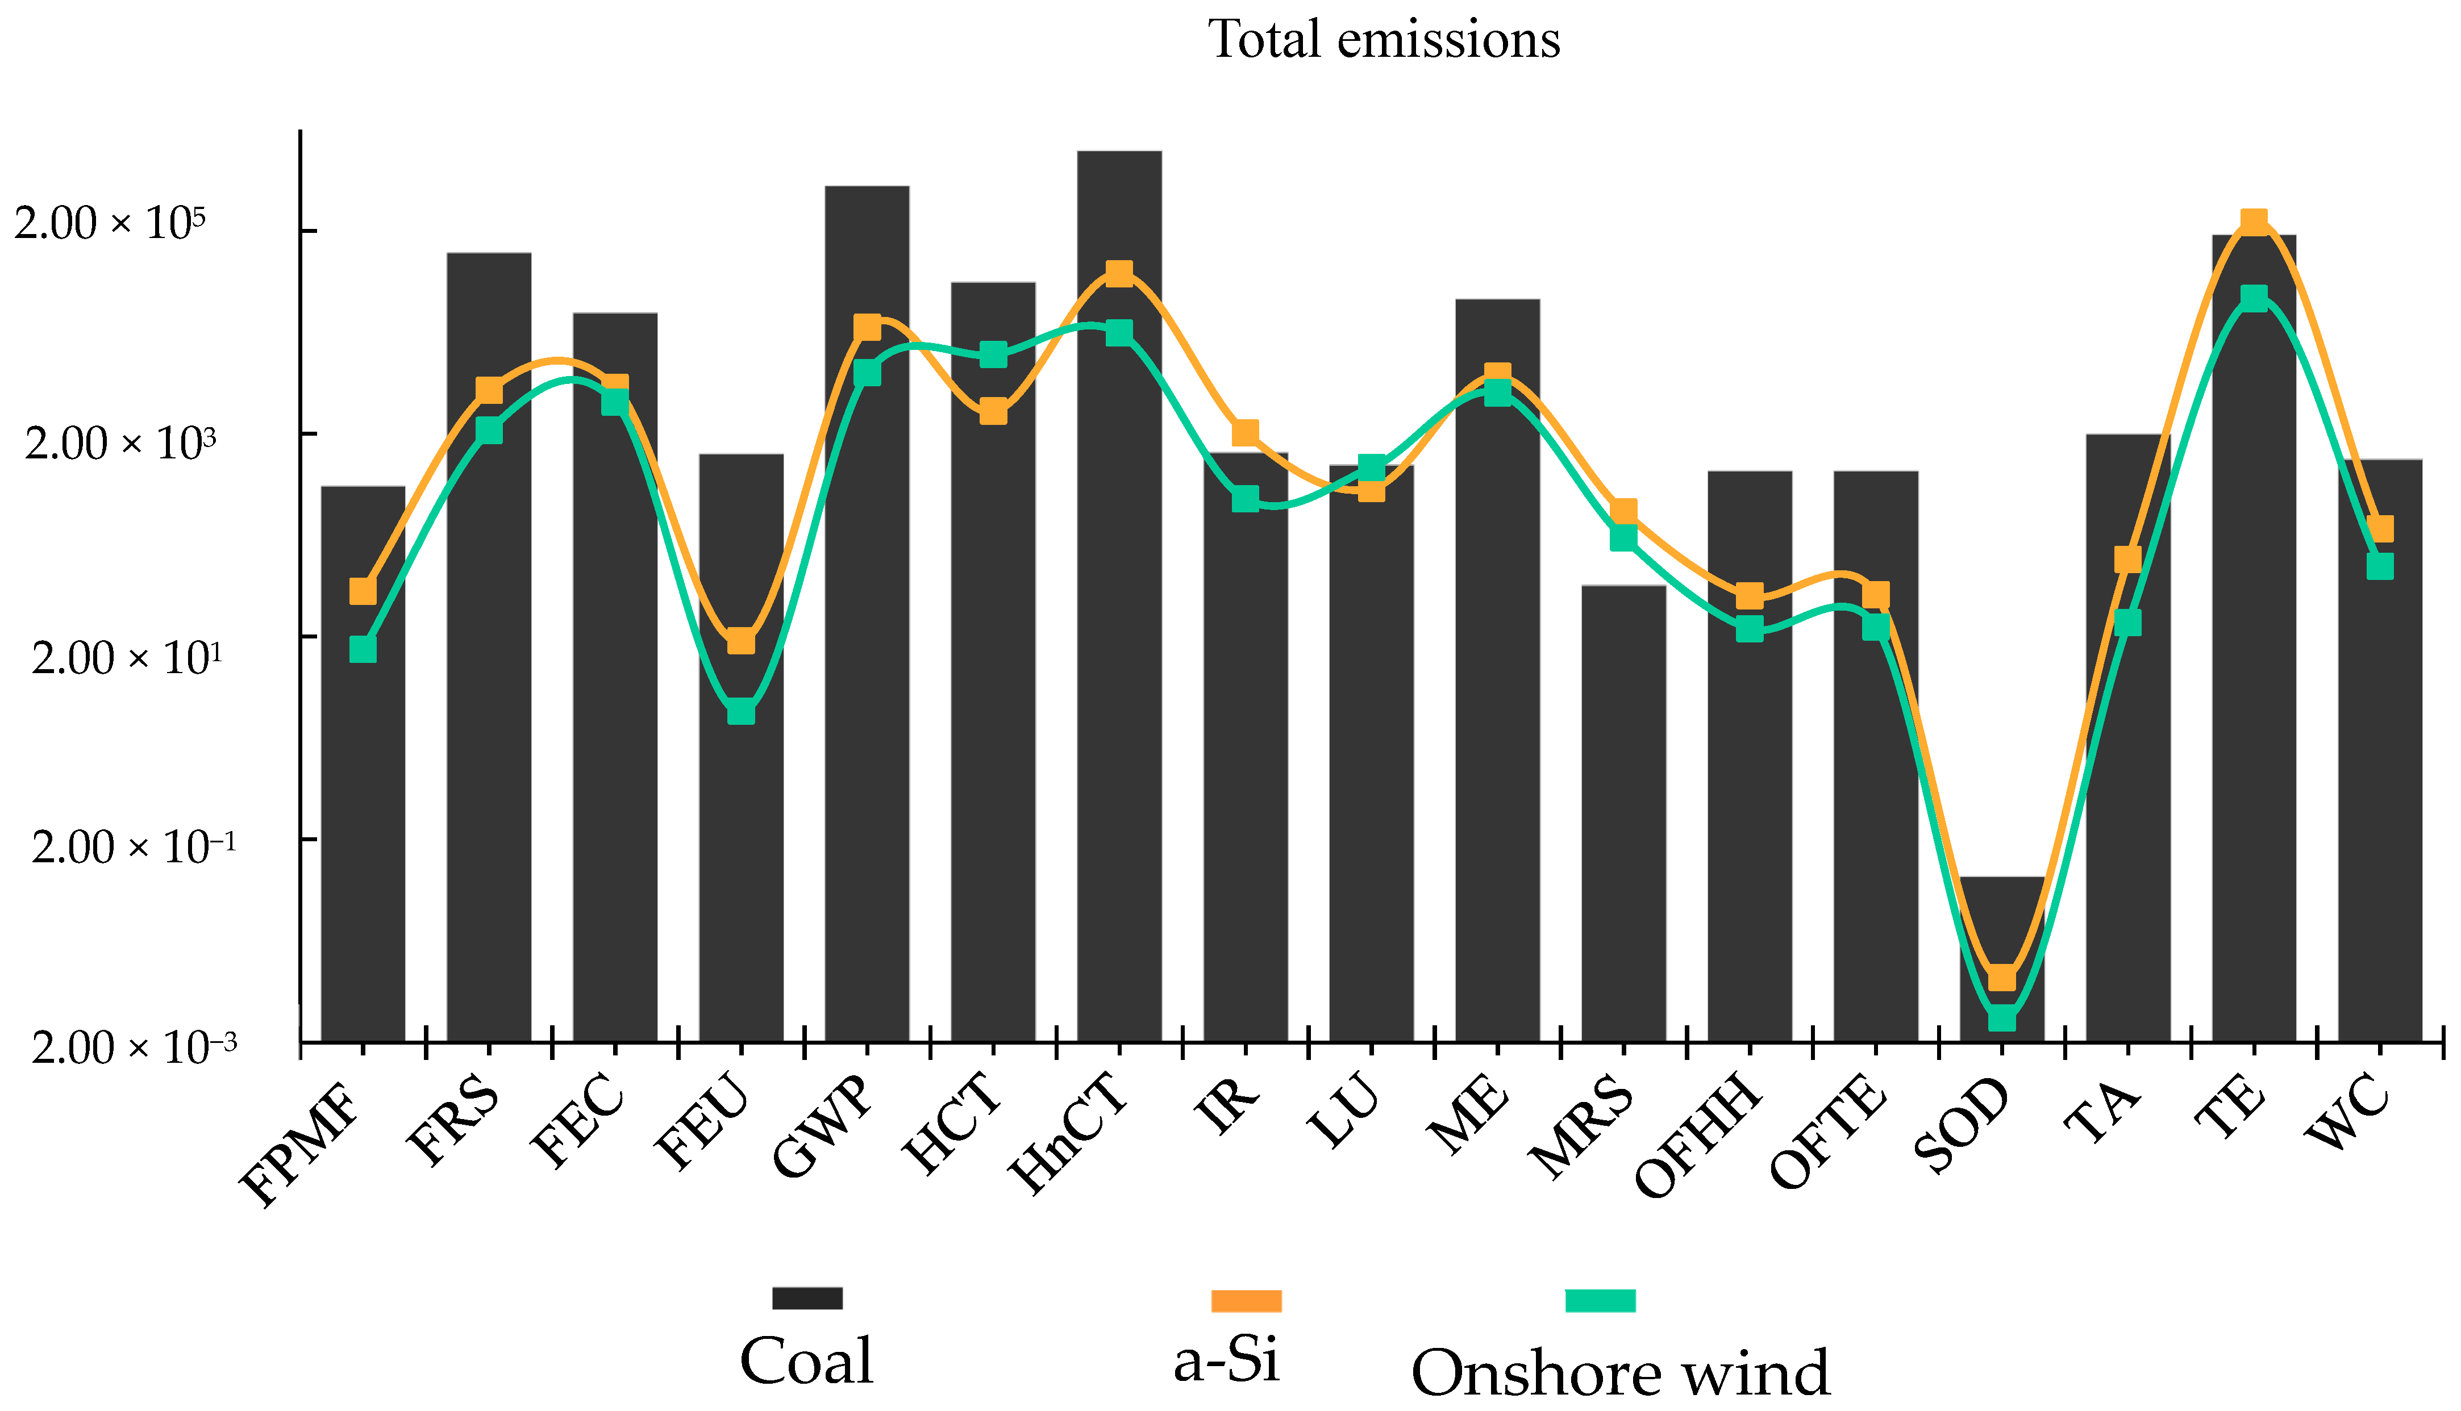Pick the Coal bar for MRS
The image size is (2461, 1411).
click(1623, 814)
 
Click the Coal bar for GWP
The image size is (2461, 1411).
click(867, 678)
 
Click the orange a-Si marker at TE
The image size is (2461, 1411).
click(2254, 223)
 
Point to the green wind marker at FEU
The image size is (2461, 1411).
click(740, 711)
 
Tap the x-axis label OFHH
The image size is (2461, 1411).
click(1696, 1139)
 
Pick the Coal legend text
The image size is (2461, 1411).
click(806, 1362)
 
